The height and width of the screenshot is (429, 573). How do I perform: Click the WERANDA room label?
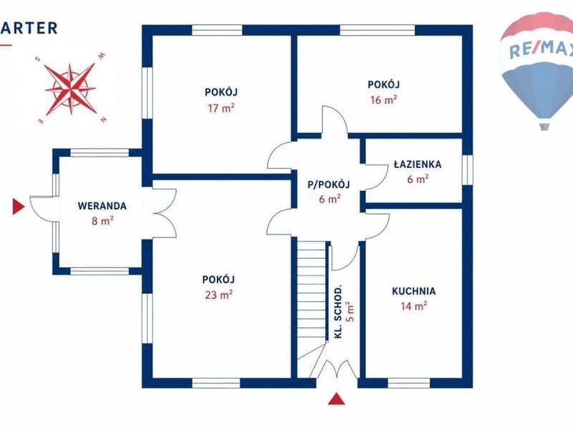click(102, 206)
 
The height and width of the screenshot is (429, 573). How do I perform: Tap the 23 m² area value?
click(219, 295)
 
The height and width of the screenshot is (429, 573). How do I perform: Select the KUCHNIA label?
click(414, 291)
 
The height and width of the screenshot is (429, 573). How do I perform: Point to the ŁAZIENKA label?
click(418, 164)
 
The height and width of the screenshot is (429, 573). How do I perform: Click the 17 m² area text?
click(221, 108)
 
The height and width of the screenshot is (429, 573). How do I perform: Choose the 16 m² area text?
click(384, 99)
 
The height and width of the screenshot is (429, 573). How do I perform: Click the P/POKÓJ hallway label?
click(329, 184)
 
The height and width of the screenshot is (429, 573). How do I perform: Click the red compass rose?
click(70, 89)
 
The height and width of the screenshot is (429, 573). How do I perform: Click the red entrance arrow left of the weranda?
click(19, 207)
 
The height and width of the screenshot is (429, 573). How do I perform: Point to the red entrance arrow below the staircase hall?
click(337, 399)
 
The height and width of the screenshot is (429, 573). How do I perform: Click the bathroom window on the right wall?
click(468, 170)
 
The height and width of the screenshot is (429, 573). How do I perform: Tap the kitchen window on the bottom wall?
click(409, 383)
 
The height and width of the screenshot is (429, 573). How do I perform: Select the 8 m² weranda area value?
click(102, 221)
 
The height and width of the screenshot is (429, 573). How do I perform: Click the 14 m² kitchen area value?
click(414, 306)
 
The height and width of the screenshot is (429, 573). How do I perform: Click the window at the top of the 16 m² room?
click(377, 30)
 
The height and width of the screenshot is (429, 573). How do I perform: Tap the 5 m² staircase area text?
click(350, 312)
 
